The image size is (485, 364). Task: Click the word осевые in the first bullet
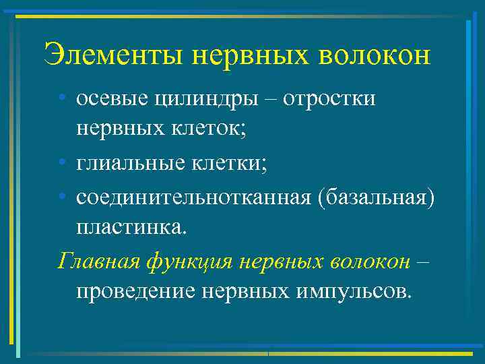(109, 99)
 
